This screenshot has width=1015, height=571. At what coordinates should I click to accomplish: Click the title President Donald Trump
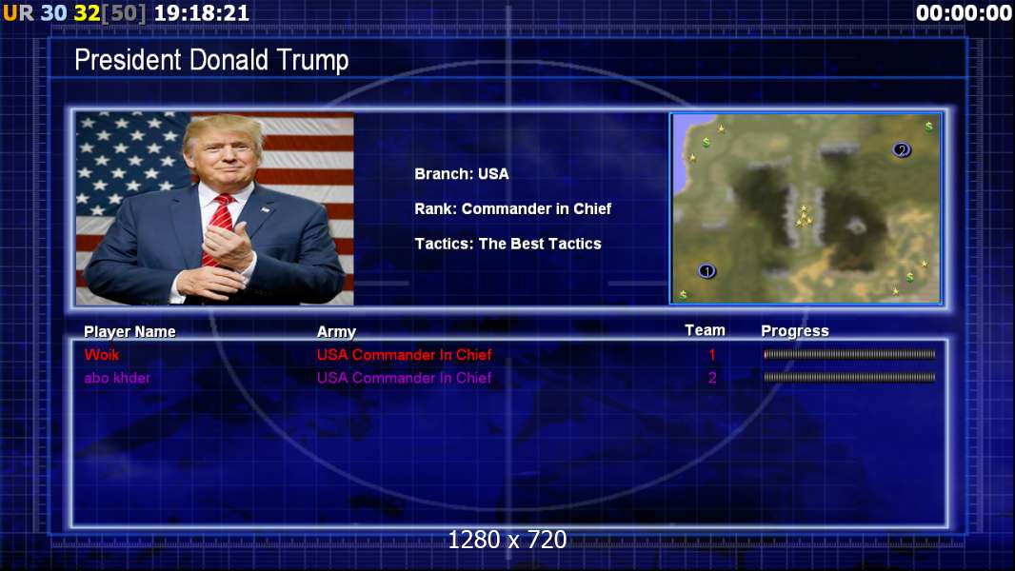pos(211,60)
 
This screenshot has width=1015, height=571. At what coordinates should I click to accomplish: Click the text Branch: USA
pos(462,174)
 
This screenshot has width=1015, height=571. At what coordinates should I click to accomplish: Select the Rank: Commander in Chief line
pos(512,208)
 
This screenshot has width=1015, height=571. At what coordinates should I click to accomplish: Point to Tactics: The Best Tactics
pos(508,244)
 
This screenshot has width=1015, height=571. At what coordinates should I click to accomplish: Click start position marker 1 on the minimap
pos(707,271)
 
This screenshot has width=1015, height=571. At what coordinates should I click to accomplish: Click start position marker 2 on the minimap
pos(901,150)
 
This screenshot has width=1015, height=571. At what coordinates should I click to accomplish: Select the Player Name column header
pos(129,332)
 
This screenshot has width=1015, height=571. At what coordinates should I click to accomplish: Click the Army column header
pos(337,332)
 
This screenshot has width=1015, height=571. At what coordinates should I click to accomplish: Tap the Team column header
pos(705,330)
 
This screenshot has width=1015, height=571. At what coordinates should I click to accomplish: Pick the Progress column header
pos(795,331)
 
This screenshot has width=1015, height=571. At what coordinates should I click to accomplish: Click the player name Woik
pos(102,354)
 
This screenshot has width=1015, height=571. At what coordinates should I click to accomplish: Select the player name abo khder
pos(117,378)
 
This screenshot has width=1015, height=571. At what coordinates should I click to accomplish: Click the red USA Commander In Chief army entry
pos(404,354)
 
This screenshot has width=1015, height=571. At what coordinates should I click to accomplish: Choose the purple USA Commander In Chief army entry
pos(404,378)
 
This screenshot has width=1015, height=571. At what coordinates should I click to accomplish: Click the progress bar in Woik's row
pos(849,354)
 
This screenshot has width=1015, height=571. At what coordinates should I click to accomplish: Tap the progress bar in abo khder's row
pos(849,377)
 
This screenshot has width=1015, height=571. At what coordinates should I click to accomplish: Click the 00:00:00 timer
pos(964,13)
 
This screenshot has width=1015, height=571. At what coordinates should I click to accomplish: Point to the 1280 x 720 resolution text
pos(507,540)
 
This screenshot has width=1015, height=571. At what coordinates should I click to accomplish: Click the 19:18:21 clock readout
pos(202,13)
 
